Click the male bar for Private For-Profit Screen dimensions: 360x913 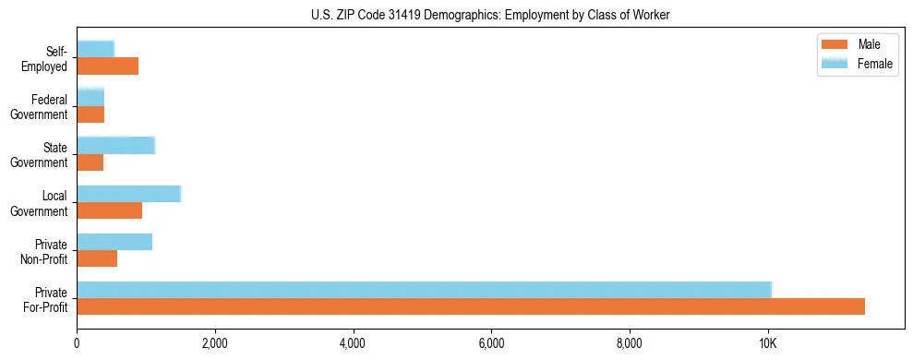tap(471, 306)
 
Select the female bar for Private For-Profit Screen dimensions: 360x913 tap(424, 289)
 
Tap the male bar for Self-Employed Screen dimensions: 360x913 tap(107, 66)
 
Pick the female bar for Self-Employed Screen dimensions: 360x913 tap(95, 49)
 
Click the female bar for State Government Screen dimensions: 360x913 tap(115, 145)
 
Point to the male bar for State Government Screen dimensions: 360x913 tap(90, 162)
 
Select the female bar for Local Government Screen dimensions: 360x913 tap(128, 193)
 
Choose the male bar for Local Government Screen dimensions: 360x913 tap(109, 210)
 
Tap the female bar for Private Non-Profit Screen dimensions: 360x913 tap(114, 241)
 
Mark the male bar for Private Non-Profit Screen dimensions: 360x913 tap(97, 258)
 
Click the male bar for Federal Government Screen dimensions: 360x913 tap(90, 114)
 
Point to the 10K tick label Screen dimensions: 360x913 tap(767, 343)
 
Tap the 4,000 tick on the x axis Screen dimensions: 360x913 tap(353, 343)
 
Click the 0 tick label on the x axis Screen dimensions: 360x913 tap(78, 343)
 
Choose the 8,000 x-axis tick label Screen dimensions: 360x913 tap(629, 343)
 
